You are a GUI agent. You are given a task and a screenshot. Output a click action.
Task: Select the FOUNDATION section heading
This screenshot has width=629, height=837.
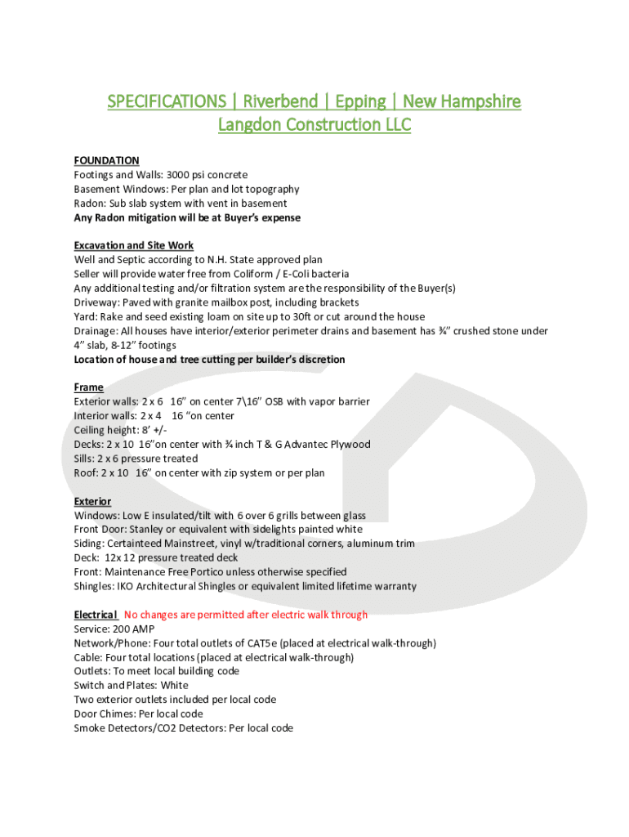coord(106,160)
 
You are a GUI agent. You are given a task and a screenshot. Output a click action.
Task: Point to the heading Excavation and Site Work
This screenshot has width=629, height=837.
coord(133,245)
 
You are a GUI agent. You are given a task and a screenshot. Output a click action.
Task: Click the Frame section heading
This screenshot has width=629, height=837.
coord(88,387)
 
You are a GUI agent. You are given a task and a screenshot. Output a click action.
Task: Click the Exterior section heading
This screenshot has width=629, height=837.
coord(92,501)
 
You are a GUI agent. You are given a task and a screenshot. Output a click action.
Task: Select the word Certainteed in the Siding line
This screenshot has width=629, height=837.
coord(141,544)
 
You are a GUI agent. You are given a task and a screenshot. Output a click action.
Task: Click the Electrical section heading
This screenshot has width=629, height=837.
coord(95,615)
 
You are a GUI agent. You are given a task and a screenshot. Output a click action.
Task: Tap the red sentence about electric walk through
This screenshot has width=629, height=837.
coord(245,615)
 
